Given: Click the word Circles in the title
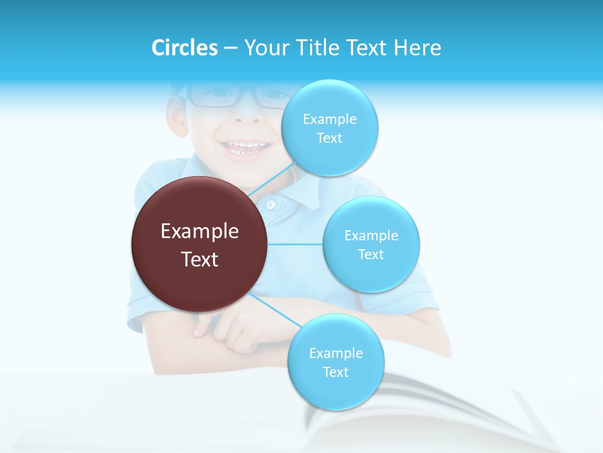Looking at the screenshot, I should tap(184, 48).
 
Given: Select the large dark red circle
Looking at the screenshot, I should tap(199, 244).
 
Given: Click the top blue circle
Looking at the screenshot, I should tap(329, 128).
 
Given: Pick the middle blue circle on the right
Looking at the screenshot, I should tap(371, 244).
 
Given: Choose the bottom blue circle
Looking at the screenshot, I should tap(335, 362).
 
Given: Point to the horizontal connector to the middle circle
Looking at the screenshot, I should tap(295, 244).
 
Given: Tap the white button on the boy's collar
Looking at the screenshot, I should tap(271, 204).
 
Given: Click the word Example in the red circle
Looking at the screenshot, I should tap(199, 231).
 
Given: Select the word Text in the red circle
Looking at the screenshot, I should tap(199, 259).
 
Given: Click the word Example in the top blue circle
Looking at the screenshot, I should tap(329, 119).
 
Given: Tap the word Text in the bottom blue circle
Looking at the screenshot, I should tap(335, 372).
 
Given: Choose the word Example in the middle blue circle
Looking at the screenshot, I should tap(371, 235).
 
